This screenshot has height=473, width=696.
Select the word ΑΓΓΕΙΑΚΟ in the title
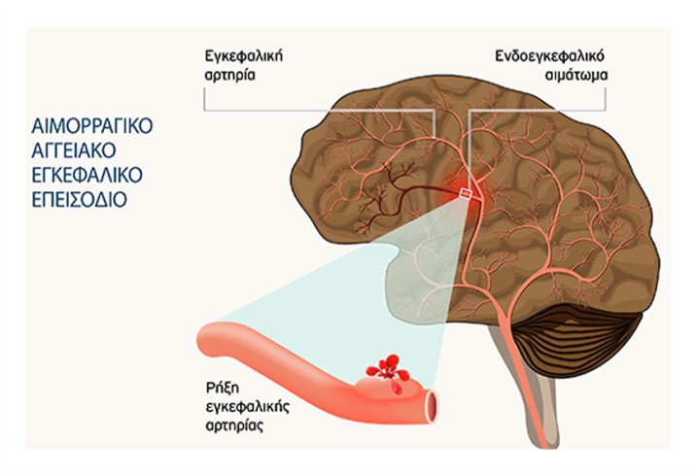pos(75,151)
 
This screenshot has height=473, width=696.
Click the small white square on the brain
pos(467,196)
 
